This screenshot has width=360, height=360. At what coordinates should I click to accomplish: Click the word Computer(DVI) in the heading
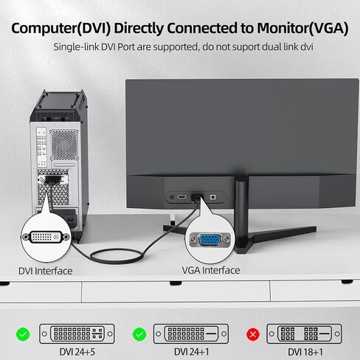[x=61, y=28]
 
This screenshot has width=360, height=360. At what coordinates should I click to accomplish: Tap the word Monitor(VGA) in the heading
[x=302, y=28]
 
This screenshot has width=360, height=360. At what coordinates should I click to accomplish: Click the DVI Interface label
[x=46, y=271]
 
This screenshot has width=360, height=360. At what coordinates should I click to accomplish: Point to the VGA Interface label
[x=211, y=270]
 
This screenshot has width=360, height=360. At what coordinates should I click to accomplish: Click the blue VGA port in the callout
[x=210, y=240]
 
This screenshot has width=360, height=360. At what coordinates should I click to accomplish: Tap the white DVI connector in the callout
[x=46, y=237]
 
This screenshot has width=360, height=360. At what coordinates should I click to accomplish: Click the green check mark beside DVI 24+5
[x=23, y=334]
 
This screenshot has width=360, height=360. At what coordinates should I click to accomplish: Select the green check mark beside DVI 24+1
[x=139, y=334]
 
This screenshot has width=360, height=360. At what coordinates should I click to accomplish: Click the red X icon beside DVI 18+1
[x=253, y=334]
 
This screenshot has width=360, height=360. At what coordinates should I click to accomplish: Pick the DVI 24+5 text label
[x=77, y=352]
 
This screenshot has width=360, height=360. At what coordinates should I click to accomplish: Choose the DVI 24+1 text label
[x=192, y=352]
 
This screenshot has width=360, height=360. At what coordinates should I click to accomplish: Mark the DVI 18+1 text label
[x=305, y=352]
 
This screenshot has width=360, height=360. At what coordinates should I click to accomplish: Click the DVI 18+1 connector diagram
[x=304, y=333]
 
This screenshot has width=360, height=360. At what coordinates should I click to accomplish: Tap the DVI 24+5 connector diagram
[x=77, y=333]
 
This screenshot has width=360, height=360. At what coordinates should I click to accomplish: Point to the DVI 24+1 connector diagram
[x=191, y=333]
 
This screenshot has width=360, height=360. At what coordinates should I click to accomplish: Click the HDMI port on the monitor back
[x=182, y=197]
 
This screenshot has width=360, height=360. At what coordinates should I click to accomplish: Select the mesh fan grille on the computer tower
[x=64, y=145]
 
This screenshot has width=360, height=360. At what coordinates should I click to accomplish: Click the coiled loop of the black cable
[x=117, y=256]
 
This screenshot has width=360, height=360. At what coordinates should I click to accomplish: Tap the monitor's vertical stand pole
[x=241, y=212]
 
